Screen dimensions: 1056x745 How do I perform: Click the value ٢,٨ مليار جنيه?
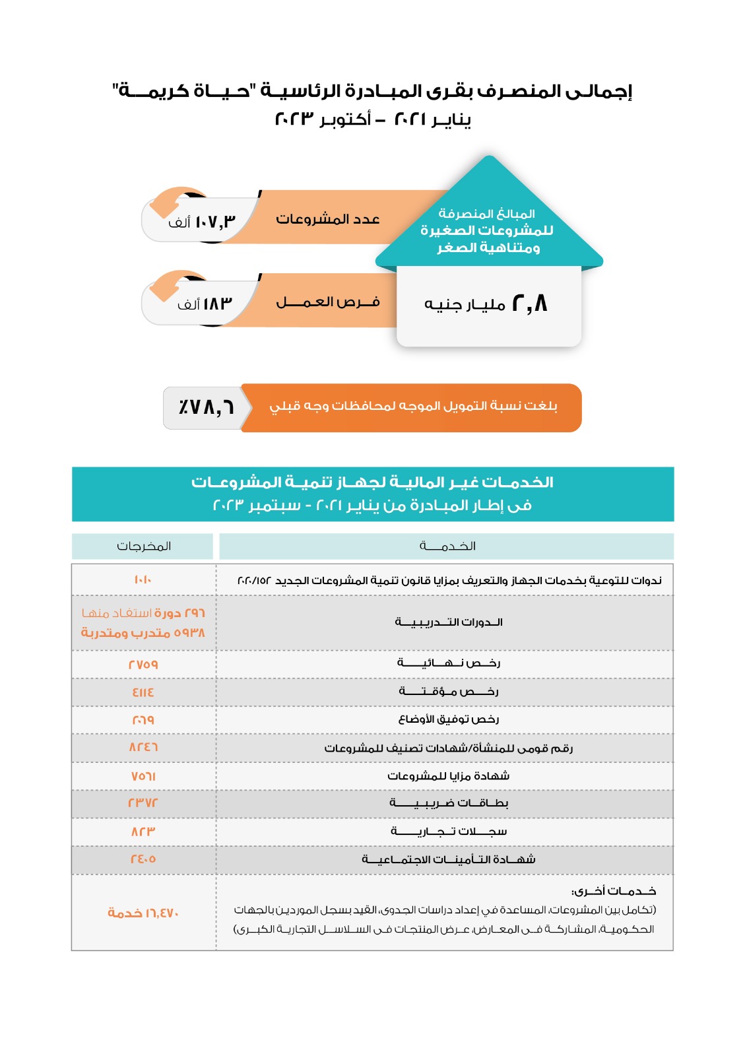pos(486,304)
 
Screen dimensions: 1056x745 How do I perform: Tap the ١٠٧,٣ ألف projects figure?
pos(202,222)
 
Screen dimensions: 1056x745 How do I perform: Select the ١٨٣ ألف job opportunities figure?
pos(205,304)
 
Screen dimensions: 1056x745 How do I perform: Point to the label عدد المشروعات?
pos(328,219)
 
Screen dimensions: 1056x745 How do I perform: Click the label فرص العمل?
pos(328,302)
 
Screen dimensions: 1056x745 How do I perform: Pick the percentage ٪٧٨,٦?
pos(206,407)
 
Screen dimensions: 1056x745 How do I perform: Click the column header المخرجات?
pos(144,546)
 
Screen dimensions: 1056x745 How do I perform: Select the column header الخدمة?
pos(447,546)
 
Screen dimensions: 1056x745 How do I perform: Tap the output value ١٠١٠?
pos(143,580)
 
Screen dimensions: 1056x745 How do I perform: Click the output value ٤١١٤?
pos(143,692)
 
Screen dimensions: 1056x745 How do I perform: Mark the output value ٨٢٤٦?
pos(143,748)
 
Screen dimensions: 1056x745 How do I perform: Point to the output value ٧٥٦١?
pos(143,776)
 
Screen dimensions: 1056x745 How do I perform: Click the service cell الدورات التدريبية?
pos(449,622)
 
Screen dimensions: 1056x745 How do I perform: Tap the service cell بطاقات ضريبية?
pos(449,803)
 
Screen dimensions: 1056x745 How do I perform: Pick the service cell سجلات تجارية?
pos(449,832)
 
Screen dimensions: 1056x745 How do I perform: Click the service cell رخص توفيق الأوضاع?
pos(449,719)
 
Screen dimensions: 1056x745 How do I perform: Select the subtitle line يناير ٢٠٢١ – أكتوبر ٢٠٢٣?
pos(373,119)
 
